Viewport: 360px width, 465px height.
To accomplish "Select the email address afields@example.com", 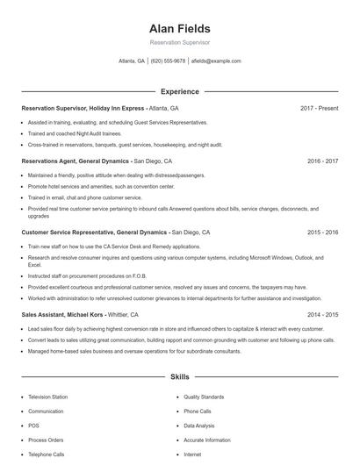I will tap(215, 61).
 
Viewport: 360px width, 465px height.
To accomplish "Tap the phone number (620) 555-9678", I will tap(169, 61).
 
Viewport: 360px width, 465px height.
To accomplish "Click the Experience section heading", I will tap(179, 91).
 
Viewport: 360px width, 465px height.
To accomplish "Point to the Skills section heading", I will tap(179, 377).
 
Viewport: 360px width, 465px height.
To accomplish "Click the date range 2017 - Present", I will tap(319, 108).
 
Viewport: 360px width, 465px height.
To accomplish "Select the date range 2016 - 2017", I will tap(322, 161).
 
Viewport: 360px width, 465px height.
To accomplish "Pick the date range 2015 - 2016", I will tap(322, 232).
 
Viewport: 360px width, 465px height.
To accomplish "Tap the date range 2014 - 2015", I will tap(322, 314).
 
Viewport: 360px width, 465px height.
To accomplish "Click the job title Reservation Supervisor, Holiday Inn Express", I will tap(83, 108).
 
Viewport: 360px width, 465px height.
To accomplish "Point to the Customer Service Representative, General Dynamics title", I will tap(94, 232).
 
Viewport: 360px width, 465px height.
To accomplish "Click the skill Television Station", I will tap(47, 397).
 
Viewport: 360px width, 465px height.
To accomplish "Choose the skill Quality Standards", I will tap(204, 397).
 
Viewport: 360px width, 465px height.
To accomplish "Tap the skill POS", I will tap(33, 426).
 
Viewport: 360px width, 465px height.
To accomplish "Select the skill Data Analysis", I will tap(199, 426).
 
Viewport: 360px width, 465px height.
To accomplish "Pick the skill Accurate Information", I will tap(207, 440).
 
